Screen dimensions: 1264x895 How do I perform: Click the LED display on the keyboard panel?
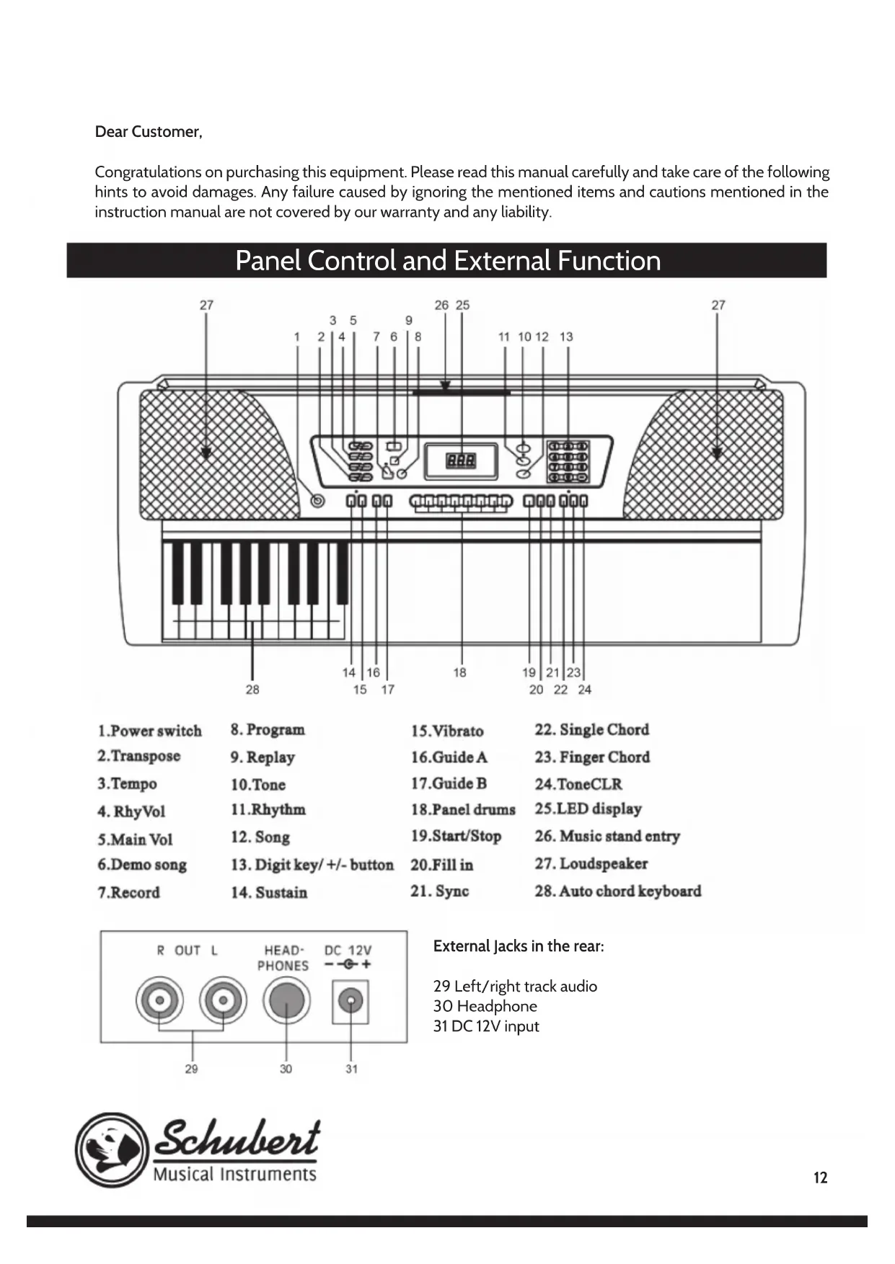point(461,460)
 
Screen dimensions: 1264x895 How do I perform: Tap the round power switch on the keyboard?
point(317,501)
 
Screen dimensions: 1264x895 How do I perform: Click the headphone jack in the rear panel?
point(286,1001)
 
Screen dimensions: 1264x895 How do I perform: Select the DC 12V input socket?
point(350,1001)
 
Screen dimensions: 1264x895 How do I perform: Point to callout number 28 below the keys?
point(252,690)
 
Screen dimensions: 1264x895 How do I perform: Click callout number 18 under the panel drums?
point(459,672)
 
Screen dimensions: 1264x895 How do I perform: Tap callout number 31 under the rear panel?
point(351,1069)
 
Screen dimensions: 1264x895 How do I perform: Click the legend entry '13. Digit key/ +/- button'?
point(312,865)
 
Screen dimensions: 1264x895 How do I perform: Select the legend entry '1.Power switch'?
point(150,731)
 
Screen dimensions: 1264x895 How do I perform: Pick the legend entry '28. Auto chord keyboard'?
point(617,891)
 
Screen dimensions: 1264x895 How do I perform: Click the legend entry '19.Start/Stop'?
point(456,836)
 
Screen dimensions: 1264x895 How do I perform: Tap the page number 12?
point(820,1178)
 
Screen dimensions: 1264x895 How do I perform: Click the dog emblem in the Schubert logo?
point(112,1150)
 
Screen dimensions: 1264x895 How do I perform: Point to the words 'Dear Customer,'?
point(149,132)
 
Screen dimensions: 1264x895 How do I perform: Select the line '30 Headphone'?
point(485,1006)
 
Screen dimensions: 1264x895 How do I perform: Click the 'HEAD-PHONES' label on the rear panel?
point(283,958)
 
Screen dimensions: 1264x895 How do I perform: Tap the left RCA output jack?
point(159,1001)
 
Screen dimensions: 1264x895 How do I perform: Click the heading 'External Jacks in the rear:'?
point(519,946)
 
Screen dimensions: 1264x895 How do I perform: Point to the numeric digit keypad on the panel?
point(568,461)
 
